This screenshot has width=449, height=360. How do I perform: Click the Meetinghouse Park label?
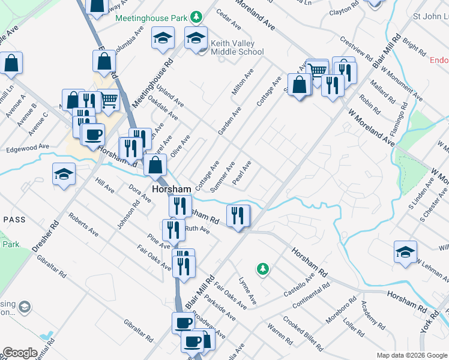(x=151, y=18)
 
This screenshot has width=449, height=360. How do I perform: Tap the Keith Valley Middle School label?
(x=237, y=47)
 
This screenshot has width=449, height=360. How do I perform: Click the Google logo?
(x=20, y=353)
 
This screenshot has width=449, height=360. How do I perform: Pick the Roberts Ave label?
(x=83, y=223)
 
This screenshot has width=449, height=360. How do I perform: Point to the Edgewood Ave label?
(x=27, y=147)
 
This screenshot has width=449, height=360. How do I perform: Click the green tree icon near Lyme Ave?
(x=262, y=269)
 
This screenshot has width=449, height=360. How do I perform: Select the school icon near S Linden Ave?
(x=405, y=251)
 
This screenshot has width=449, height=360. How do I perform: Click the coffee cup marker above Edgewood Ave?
(x=92, y=134)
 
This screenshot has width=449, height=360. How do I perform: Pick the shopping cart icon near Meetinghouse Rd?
(x=108, y=100)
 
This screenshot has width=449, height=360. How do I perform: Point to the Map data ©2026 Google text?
(x=412, y=355)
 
